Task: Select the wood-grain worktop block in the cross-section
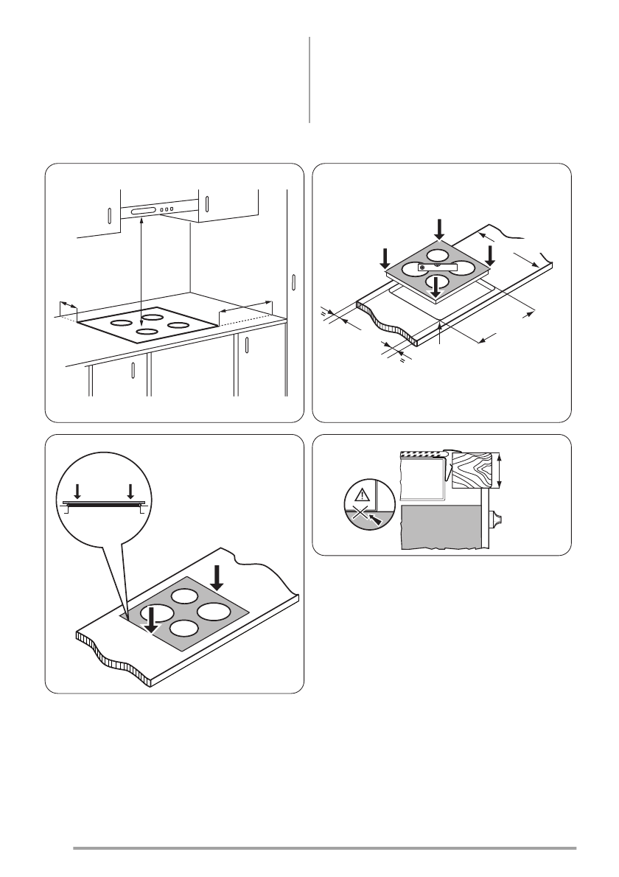474,469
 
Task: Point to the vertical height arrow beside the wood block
501,470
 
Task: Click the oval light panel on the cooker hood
144,212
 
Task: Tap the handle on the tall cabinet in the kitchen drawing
293,282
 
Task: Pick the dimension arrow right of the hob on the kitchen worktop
246,310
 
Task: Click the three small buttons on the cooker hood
167,210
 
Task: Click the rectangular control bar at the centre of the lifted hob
438,267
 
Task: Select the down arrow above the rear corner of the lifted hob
440,228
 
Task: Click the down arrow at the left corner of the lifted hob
385,258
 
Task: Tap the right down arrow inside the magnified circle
130,491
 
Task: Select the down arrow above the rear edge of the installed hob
218,578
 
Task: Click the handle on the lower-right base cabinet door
247,346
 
